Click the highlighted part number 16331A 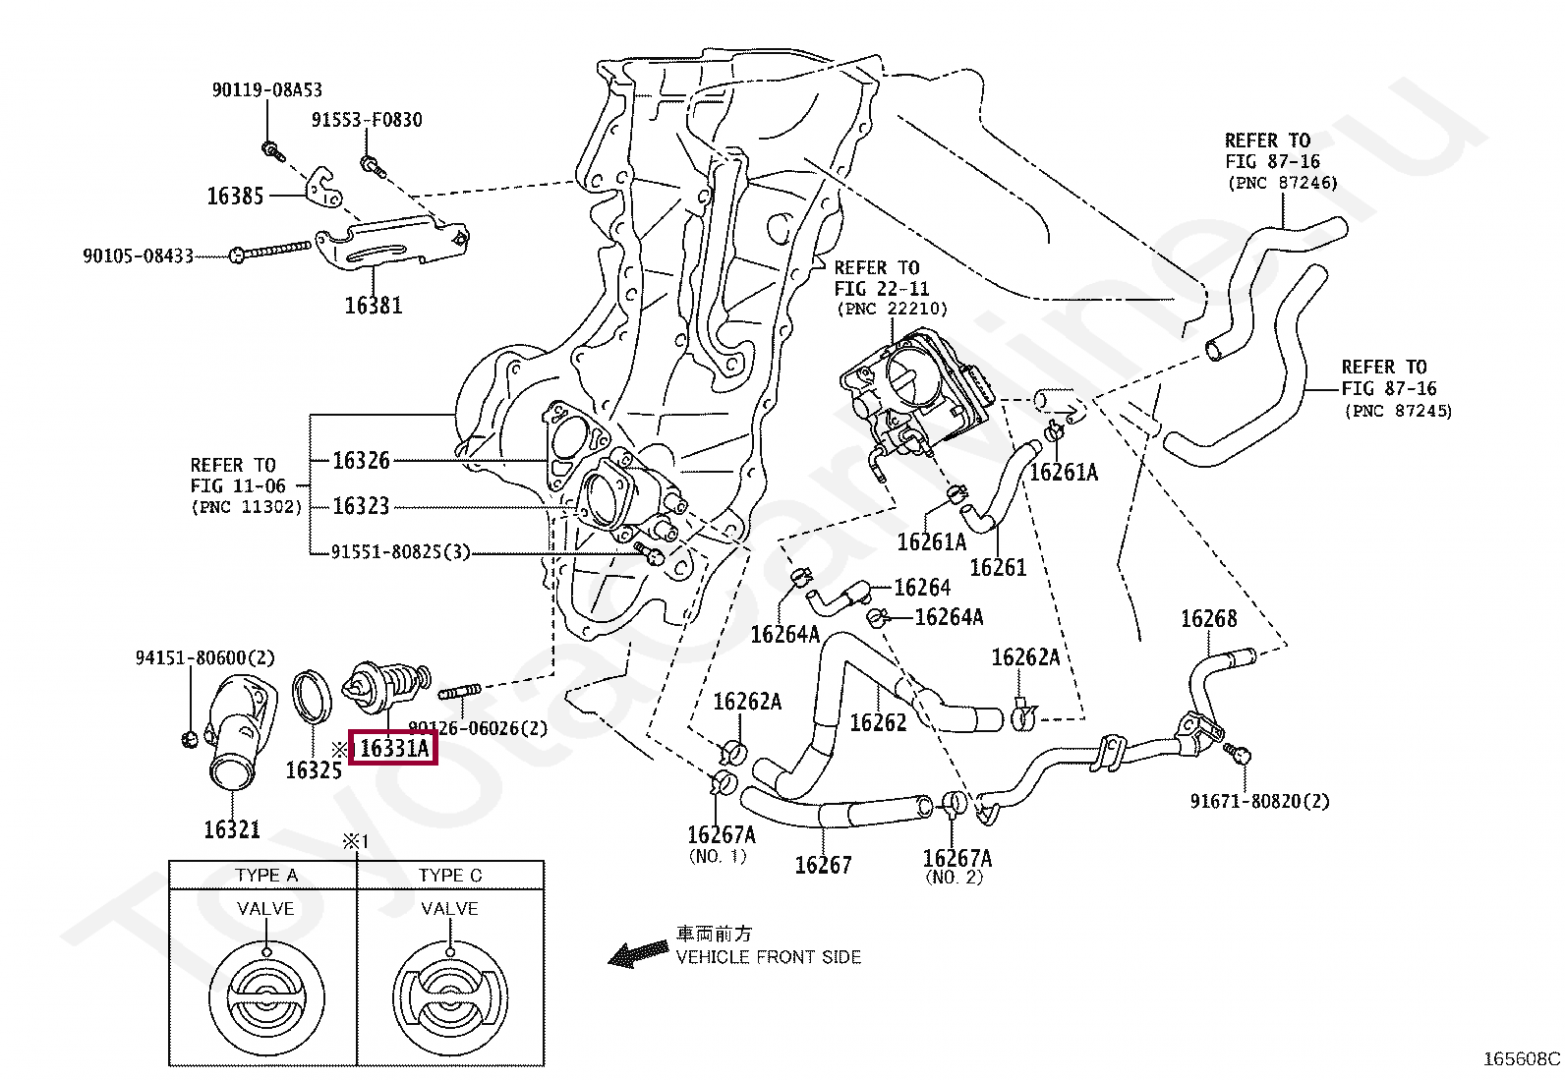(x=394, y=748)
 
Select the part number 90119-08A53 (x=266, y=89)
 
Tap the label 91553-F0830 (x=367, y=120)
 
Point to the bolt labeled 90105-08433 (x=270, y=250)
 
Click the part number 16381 (x=374, y=306)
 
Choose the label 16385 (x=236, y=197)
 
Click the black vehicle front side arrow (x=637, y=953)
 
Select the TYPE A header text (x=266, y=876)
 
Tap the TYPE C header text (x=450, y=876)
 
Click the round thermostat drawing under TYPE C (x=450, y=997)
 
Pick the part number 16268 (x=1209, y=618)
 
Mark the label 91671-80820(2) (x=1259, y=801)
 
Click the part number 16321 (x=232, y=829)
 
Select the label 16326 (x=361, y=460)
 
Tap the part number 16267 (x=823, y=865)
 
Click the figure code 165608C (x=1521, y=1059)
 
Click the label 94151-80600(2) (x=204, y=657)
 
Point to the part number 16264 (x=922, y=588)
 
